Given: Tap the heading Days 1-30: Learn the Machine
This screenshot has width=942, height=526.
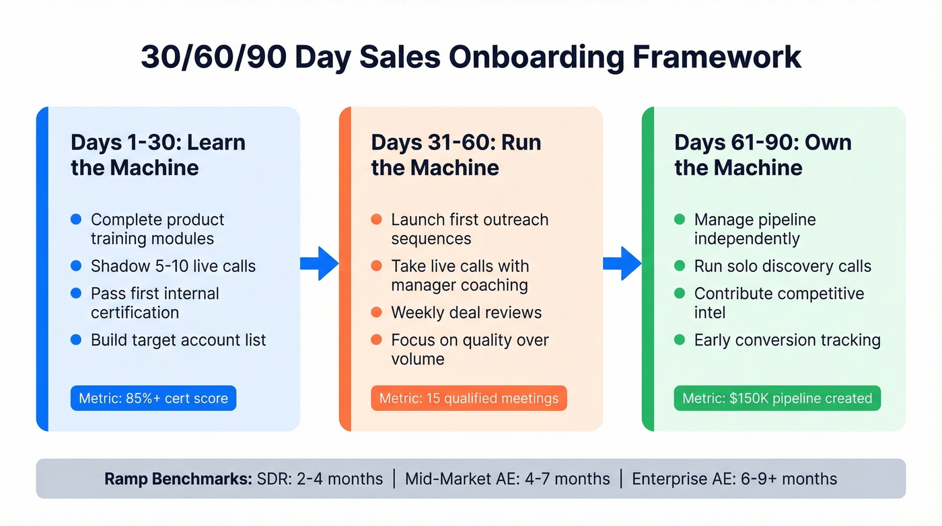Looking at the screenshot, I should pos(158,155).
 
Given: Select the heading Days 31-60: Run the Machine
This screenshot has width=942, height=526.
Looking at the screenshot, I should pos(456,155).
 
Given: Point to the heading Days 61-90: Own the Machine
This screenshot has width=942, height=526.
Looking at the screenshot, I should pos(762,155).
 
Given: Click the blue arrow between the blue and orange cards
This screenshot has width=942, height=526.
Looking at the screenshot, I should pos(319,263).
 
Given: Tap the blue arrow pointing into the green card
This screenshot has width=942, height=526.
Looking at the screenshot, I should pos(622,263).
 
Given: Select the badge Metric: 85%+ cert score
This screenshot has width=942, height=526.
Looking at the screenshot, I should pos(153,398).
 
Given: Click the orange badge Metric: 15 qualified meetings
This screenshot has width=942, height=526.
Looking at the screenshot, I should pos(469,398).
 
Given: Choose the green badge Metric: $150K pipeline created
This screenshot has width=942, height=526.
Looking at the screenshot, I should pos(777,398).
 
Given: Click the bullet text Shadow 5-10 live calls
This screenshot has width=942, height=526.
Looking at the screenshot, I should pos(173,266).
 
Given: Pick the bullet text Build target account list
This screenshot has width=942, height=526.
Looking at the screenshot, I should pos(178,340).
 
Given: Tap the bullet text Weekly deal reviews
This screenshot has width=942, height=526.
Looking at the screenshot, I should pos(466,313).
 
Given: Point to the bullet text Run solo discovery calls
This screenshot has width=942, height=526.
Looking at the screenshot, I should pos(783,266).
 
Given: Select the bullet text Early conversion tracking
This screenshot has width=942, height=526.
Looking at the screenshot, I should pos(787,340).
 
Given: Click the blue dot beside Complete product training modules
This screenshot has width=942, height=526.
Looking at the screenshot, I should pos(76,220).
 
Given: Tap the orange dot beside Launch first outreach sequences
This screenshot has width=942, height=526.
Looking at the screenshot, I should pos(377,220).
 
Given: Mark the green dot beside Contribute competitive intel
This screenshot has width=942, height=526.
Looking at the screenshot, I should pos(680,294).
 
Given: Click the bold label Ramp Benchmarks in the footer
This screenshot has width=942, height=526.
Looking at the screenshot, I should pos(178,479).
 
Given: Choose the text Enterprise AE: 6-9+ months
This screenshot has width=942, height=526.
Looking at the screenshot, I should pos(734,479).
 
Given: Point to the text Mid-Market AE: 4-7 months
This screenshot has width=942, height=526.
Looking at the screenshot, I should pos(507,479).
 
